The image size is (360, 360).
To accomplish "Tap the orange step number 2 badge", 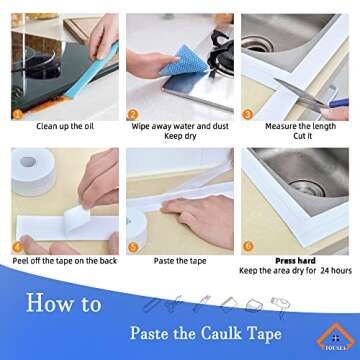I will [x=132, y=113].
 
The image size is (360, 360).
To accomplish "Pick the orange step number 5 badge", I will [x=132, y=246].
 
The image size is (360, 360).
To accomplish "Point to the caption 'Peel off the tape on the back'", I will [x=63, y=260].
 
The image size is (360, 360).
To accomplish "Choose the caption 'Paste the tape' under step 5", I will [x=179, y=260].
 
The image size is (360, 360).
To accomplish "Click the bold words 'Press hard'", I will [x=295, y=260].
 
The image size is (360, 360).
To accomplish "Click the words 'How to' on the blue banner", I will [x=62, y=302].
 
